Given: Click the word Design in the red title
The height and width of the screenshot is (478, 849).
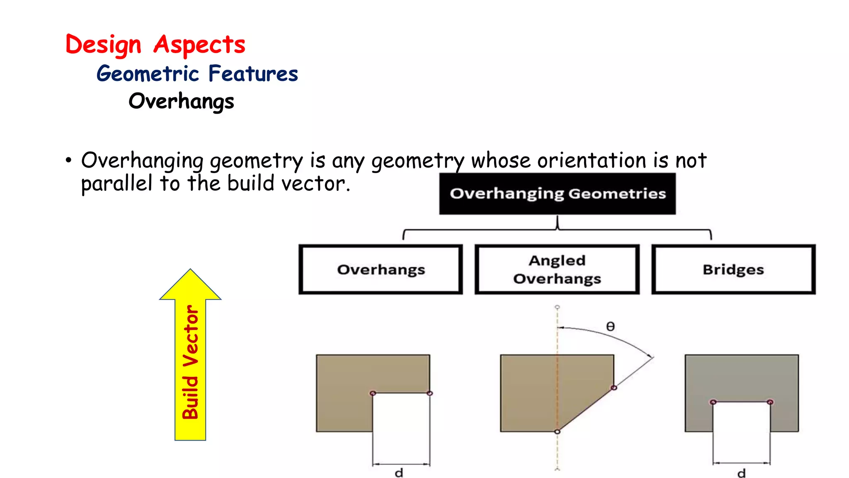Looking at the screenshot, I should [103, 45].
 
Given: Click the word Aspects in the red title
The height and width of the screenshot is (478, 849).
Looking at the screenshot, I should [199, 45].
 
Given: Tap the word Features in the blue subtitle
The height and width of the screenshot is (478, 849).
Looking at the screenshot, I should [253, 74].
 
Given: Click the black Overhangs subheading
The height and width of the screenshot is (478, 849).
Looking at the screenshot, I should [181, 101].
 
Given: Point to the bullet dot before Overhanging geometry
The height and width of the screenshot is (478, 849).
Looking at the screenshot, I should [68, 161].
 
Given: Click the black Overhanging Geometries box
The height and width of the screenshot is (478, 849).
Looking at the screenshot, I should [557, 194].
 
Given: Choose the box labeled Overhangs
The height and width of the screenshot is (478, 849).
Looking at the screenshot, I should [381, 270].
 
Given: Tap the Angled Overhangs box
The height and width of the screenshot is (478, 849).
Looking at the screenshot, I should [557, 270].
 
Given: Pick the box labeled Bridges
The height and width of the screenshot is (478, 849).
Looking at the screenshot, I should [733, 270].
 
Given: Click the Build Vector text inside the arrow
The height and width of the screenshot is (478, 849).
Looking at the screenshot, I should [191, 362].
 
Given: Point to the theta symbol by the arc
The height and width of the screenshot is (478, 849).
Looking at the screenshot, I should [610, 327].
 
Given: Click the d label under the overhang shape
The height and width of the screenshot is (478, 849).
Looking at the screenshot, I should [399, 473].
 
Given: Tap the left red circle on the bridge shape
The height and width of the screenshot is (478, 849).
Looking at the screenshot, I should [713, 402].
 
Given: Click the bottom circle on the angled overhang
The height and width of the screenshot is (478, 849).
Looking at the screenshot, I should [557, 432].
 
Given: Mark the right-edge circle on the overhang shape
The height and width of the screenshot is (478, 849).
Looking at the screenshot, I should [429, 393].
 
